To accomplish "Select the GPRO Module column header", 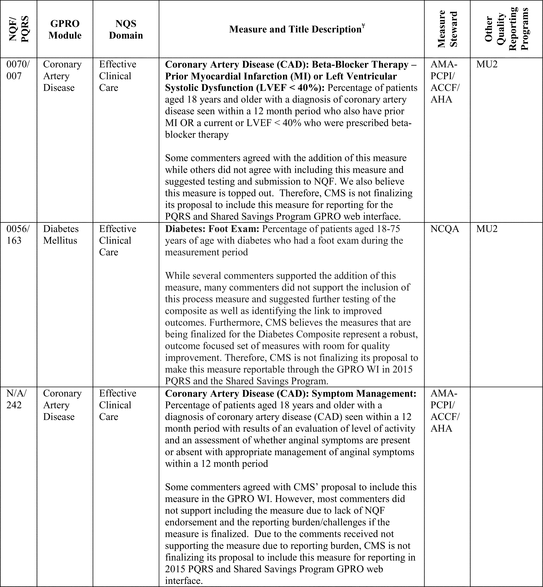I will coord(65,29).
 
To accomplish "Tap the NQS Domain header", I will coord(126,29).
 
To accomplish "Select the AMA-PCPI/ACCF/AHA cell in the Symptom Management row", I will coord(445,411).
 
